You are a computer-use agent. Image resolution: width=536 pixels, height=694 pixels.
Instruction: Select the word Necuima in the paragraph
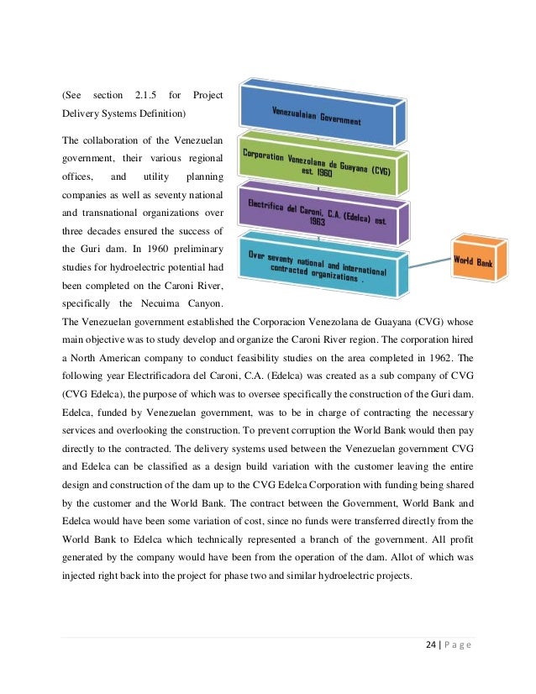(153, 302)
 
